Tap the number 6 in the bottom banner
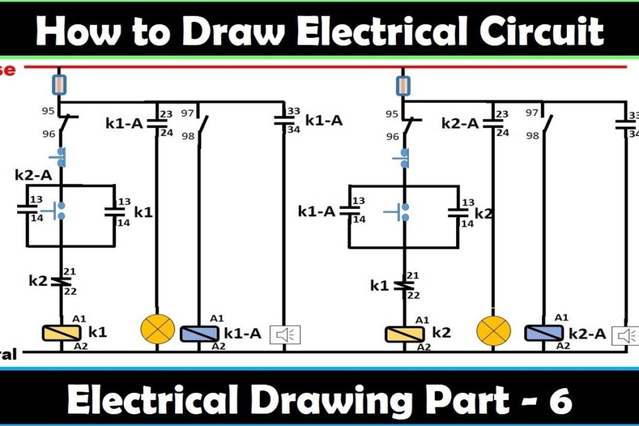pyautogui.click(x=561, y=401)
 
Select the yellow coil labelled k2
pyautogui.click(x=402, y=333)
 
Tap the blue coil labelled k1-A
pyautogui.click(x=199, y=333)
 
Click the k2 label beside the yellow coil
pyautogui.click(x=441, y=333)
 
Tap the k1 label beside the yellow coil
pyautogui.click(x=98, y=333)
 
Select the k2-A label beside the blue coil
pyautogui.click(x=587, y=334)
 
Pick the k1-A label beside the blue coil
pyautogui.click(x=243, y=334)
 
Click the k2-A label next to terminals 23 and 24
pyautogui.click(x=460, y=124)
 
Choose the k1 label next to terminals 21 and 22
pyautogui.click(x=380, y=285)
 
